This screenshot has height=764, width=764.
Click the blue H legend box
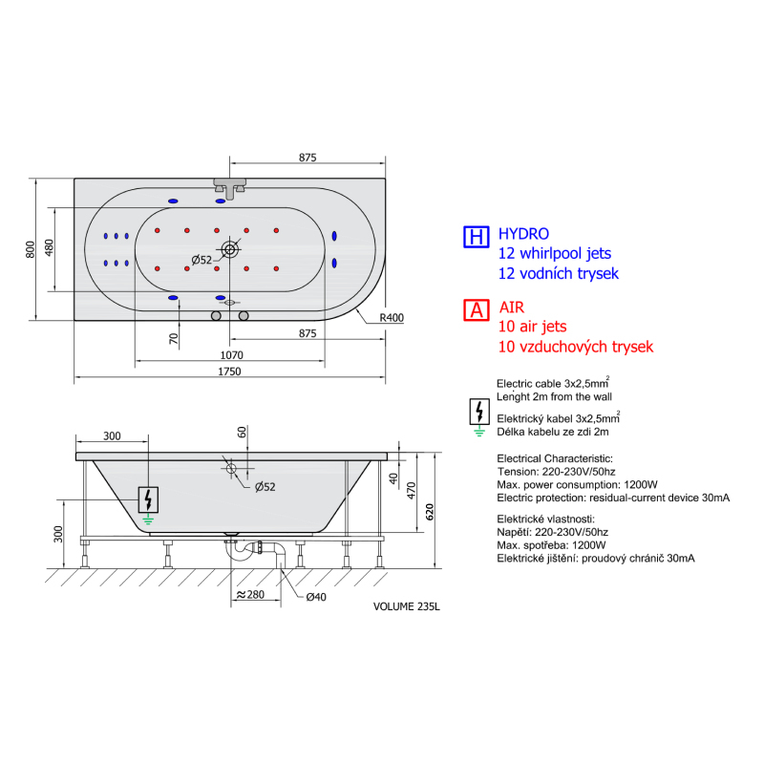(476, 237)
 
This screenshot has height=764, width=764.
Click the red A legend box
(476, 309)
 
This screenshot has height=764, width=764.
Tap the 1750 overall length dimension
(229, 371)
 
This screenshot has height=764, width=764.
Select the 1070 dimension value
(231, 355)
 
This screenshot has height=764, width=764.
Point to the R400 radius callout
(392, 318)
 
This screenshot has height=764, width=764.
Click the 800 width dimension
(31, 249)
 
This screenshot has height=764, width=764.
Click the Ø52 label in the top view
(202, 260)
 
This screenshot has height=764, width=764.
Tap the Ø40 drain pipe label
(316, 597)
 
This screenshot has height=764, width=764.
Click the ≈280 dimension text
(250, 594)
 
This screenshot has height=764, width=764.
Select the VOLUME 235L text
(407, 606)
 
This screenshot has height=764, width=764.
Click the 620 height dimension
(429, 512)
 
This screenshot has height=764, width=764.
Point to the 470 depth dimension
(412, 490)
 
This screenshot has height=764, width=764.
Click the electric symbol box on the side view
(148, 499)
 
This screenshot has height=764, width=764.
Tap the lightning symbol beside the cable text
(479, 412)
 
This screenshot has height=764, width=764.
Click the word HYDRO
(523, 234)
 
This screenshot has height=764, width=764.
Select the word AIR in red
(512, 308)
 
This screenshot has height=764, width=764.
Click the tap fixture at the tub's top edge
(229, 187)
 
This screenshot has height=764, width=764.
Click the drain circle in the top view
(229, 249)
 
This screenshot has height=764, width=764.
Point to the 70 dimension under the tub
(174, 338)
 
